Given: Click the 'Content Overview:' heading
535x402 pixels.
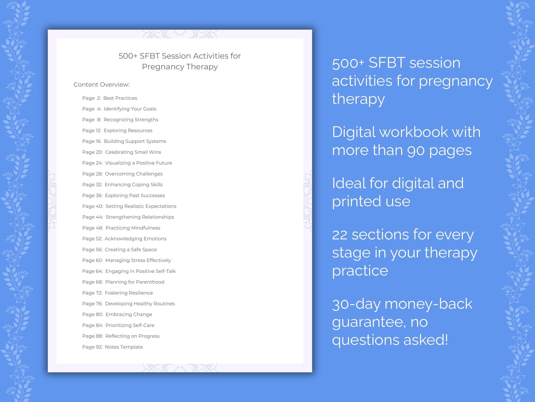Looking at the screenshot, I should (x=101, y=85).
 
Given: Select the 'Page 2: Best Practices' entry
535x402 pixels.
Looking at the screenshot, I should (x=109, y=98).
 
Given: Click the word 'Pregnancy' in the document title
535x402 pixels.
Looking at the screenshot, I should (x=163, y=67).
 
